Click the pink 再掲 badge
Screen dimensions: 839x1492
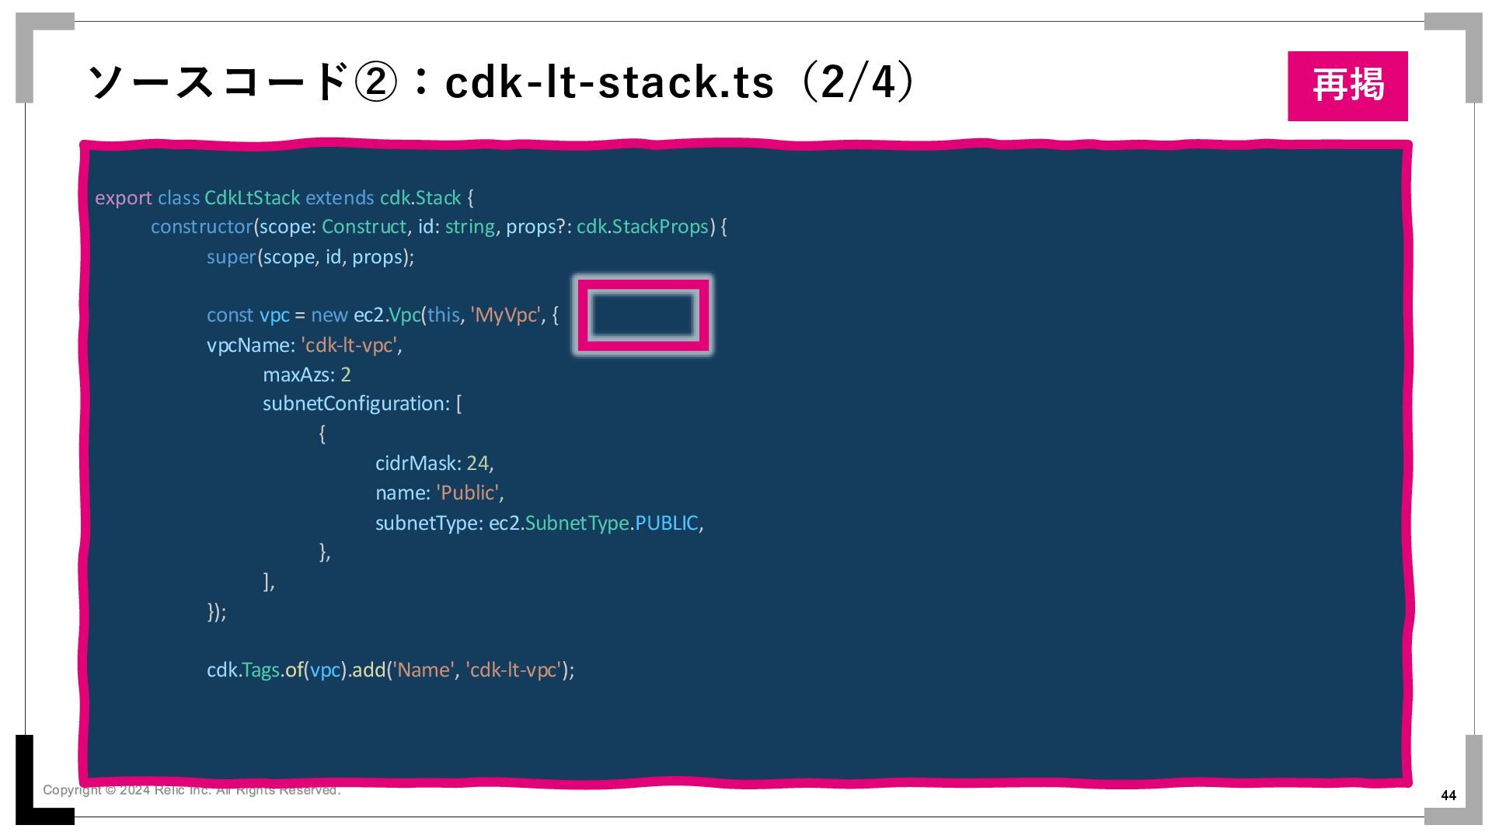click(x=1347, y=85)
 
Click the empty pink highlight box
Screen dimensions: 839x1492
click(x=642, y=315)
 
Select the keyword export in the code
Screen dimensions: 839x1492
click(x=123, y=198)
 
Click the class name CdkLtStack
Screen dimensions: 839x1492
click(x=252, y=198)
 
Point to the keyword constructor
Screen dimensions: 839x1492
click(x=201, y=227)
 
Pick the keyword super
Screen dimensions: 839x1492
click(x=231, y=257)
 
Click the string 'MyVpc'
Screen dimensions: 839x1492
click(x=505, y=315)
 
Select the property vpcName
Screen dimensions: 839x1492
click(x=248, y=345)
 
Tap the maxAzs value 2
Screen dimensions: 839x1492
click(x=346, y=375)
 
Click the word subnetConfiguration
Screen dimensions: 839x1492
click(x=354, y=404)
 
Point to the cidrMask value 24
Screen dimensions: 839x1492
click(x=477, y=464)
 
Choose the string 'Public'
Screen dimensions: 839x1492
click(x=469, y=493)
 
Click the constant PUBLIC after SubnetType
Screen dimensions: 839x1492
click(x=666, y=524)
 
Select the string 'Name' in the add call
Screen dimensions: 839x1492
click(x=423, y=670)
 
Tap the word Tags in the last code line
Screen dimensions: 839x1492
click(x=260, y=670)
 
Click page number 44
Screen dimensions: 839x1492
click(x=1448, y=795)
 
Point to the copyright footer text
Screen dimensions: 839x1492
click(x=191, y=790)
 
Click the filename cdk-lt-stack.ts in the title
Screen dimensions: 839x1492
click(x=609, y=82)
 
